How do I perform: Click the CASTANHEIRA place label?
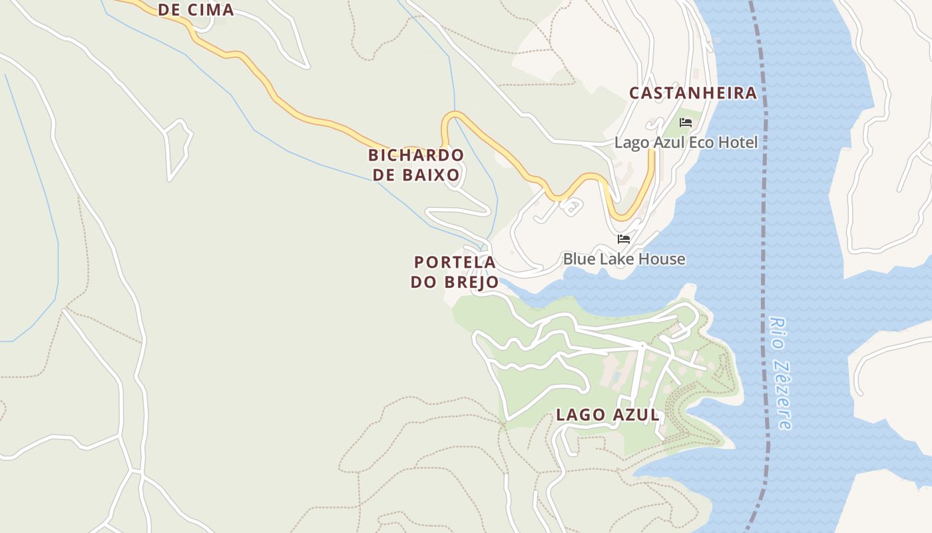point(693,93)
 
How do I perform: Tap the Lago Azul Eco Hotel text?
point(686,143)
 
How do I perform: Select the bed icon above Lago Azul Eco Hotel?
point(686,123)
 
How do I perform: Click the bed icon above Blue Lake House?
point(624,239)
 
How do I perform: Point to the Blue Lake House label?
point(624,259)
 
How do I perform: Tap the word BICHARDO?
point(416,155)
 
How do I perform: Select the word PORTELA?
point(455,262)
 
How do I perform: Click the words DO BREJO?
point(455,282)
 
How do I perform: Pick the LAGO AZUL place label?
point(608,415)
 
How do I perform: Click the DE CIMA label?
point(196,10)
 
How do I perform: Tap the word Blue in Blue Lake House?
point(580,259)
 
